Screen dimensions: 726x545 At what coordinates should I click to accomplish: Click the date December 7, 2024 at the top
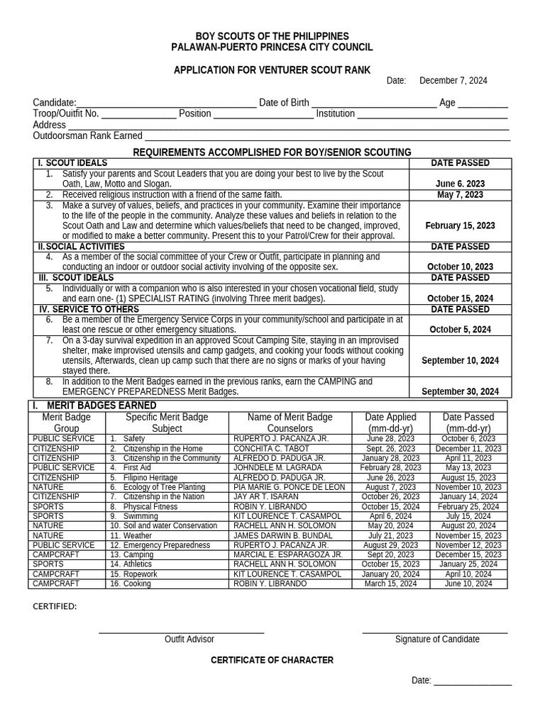(453, 81)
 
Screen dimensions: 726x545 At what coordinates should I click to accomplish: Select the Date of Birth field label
(284, 103)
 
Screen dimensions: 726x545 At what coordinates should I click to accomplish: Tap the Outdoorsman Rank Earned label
(87, 135)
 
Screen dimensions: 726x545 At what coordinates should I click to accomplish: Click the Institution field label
(336, 113)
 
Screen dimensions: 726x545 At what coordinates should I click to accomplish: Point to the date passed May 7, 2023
(460, 194)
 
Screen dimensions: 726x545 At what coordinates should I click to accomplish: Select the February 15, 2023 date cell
(460, 225)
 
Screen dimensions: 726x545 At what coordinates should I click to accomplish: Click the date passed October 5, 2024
(460, 329)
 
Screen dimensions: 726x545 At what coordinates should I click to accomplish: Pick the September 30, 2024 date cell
(460, 391)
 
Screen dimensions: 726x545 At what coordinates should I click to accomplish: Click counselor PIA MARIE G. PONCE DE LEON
(289, 487)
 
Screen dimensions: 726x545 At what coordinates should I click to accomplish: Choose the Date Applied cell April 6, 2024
(390, 516)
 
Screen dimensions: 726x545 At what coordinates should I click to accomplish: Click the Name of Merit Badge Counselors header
(290, 423)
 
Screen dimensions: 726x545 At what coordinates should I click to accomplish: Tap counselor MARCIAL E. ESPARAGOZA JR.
(287, 554)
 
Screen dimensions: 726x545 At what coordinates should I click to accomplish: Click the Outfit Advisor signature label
(189, 639)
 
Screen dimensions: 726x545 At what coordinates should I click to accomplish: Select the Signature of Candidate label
(437, 639)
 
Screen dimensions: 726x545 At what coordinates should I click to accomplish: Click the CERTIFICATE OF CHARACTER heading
(272, 660)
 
